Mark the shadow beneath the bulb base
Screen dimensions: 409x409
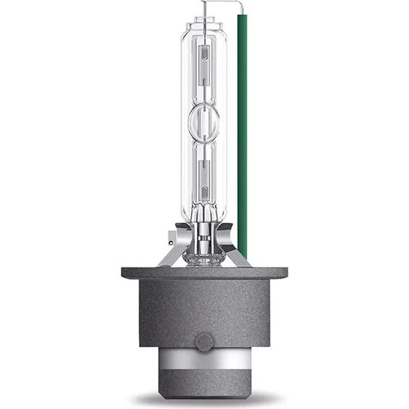[205, 402]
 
